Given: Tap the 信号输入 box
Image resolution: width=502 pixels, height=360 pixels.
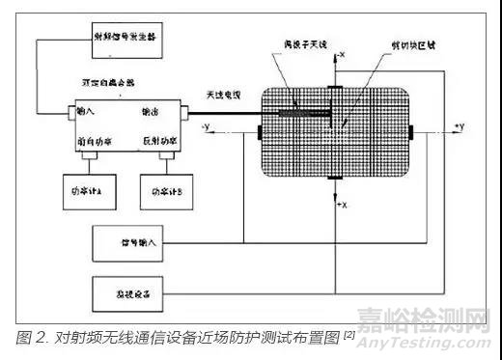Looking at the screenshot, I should (135, 240).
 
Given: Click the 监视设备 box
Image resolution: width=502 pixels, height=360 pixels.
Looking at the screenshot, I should (135, 289).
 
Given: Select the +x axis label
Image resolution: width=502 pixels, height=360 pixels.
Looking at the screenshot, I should (342, 207).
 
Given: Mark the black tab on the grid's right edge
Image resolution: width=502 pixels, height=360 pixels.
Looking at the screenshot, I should (412, 129).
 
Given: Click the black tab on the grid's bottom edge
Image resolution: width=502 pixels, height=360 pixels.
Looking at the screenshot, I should (332, 181).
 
